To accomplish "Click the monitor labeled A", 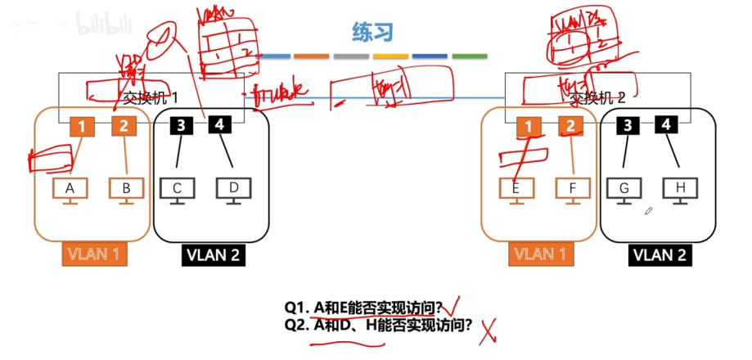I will [70, 189].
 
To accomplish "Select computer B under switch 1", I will [126, 189].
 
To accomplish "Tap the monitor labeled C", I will [178, 189].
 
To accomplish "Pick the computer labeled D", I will [233, 189].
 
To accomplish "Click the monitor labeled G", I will [624, 189].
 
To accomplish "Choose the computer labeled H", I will [680, 189].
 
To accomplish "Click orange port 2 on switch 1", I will [124, 127].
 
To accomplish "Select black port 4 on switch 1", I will [219, 124].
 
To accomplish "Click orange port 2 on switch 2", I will [570, 127].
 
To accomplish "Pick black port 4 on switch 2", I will [667, 125].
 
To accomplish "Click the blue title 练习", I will [373, 33].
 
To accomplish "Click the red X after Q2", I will [489, 331].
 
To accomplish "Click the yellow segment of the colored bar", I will [391, 56].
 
